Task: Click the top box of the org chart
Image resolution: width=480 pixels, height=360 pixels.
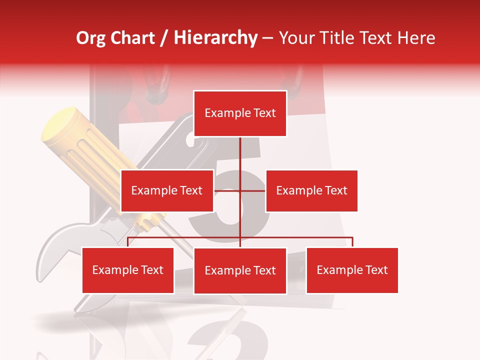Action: coord(240,113)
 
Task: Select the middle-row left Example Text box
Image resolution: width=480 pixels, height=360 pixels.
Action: coord(166,190)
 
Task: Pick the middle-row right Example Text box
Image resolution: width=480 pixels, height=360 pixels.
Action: coord(311,190)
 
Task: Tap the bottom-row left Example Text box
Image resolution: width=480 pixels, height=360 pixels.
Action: coord(127,270)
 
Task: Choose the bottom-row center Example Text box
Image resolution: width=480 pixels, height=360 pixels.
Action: coord(240,270)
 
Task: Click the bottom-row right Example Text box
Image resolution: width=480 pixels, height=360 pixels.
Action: coord(352,270)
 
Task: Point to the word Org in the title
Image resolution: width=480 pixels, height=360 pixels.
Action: coord(91,38)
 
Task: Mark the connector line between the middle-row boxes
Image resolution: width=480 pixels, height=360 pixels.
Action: coord(240,190)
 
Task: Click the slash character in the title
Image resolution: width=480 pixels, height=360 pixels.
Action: coord(164,38)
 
